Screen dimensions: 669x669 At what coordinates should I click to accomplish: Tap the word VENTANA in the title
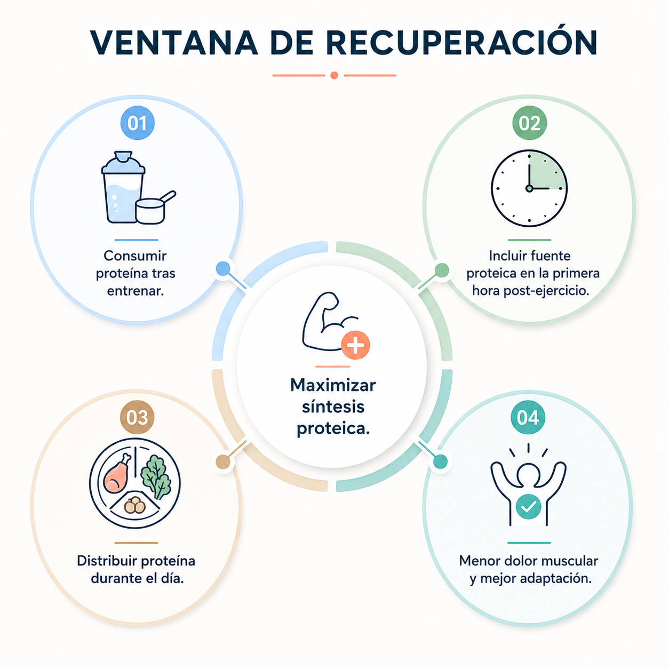pos(173,43)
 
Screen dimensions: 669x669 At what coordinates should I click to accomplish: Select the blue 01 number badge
pos(138,123)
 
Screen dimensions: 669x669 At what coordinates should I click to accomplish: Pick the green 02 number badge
pos(529,123)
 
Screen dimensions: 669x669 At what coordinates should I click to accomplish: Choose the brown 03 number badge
pos(137,417)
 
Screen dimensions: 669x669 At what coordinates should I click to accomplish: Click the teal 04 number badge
pos(528,417)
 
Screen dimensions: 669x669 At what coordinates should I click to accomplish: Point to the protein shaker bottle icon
pos(123,187)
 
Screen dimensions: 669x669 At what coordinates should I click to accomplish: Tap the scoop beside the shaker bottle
pos(155,208)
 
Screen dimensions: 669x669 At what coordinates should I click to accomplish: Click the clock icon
pos(529,188)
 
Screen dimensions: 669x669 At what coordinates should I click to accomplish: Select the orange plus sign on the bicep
pos(355,345)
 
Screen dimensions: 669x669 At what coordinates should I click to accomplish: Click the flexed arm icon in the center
pos(330,321)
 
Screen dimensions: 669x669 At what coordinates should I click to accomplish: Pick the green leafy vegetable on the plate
pos(156,476)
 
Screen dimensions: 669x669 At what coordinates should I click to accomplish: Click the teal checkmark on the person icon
pos(528,507)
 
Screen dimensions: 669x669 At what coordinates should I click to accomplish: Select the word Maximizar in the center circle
pos(333,385)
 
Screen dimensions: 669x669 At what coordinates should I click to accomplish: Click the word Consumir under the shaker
pos(135,256)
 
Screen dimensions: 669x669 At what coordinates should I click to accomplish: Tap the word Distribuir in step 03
pos(107,561)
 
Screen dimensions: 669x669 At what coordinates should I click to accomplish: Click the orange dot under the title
pos(334,75)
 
